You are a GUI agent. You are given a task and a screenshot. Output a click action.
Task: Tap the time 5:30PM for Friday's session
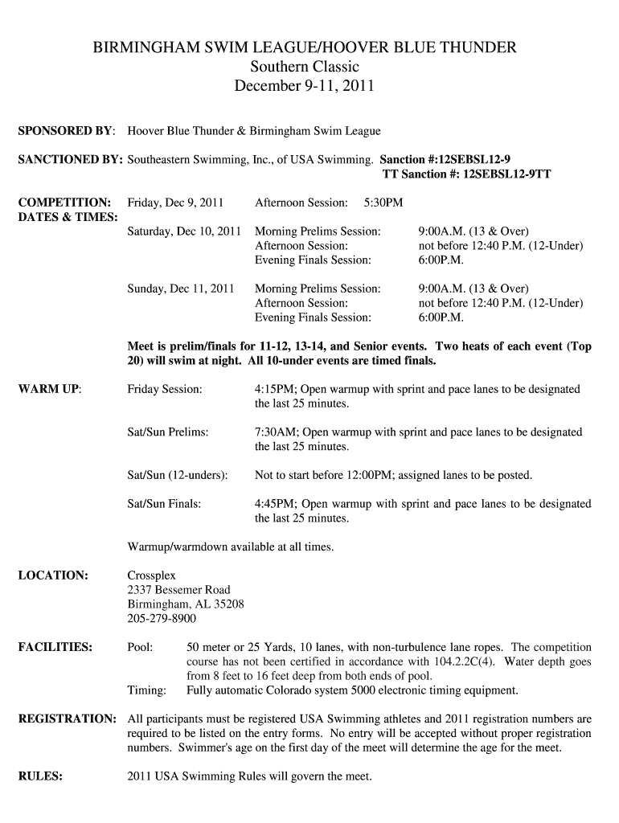point(383,202)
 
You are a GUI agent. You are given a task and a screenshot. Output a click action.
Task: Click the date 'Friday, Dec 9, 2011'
point(175,202)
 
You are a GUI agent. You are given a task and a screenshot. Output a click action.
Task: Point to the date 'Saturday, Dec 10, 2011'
point(185,231)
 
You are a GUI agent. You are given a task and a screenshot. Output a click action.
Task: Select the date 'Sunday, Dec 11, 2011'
point(181,289)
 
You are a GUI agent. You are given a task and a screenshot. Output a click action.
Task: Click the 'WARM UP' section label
point(50,389)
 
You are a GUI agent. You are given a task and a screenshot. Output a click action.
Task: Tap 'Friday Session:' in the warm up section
point(165,389)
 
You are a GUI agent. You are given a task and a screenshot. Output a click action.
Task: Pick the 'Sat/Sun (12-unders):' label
point(178,475)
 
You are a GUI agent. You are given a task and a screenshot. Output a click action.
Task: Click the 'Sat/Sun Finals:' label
point(164,504)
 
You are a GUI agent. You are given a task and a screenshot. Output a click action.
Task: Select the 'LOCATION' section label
point(53,575)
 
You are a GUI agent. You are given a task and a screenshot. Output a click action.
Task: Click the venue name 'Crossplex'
point(151,575)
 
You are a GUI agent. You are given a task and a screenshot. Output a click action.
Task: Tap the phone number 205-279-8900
point(162,619)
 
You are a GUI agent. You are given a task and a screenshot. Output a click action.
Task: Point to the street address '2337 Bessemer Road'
point(178,590)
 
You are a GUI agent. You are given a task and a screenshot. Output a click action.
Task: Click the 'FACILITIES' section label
point(55,647)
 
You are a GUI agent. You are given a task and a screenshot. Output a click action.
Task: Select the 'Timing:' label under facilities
point(147,690)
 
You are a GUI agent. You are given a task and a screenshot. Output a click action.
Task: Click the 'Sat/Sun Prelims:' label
point(168,432)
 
